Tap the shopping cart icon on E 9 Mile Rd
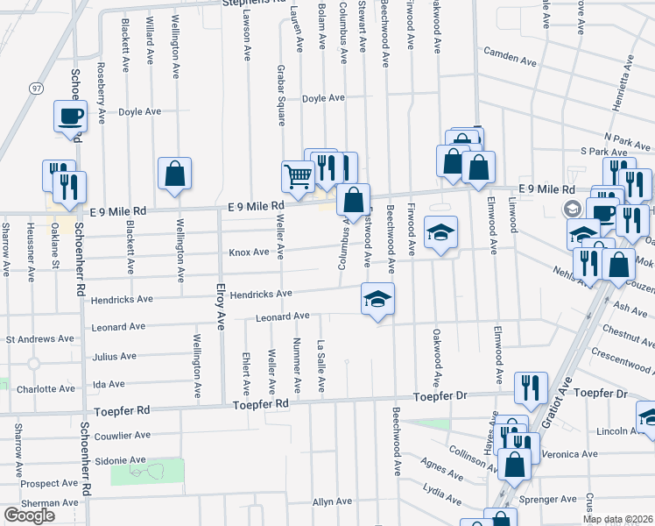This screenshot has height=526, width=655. [x=298, y=176]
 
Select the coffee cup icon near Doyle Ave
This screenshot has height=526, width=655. [x=70, y=116]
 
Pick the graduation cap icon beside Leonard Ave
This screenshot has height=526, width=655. [x=377, y=299]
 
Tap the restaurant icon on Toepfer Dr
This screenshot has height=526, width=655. [x=531, y=387]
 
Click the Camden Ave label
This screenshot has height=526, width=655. [x=510, y=61]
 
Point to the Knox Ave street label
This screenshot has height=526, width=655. [x=250, y=252]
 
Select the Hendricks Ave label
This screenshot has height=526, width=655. [x=260, y=295]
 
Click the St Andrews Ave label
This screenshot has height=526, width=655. [x=40, y=338]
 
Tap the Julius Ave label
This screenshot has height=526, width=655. [x=114, y=357]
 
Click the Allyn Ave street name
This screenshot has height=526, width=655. [x=332, y=501]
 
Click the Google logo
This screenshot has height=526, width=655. [x=30, y=515]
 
